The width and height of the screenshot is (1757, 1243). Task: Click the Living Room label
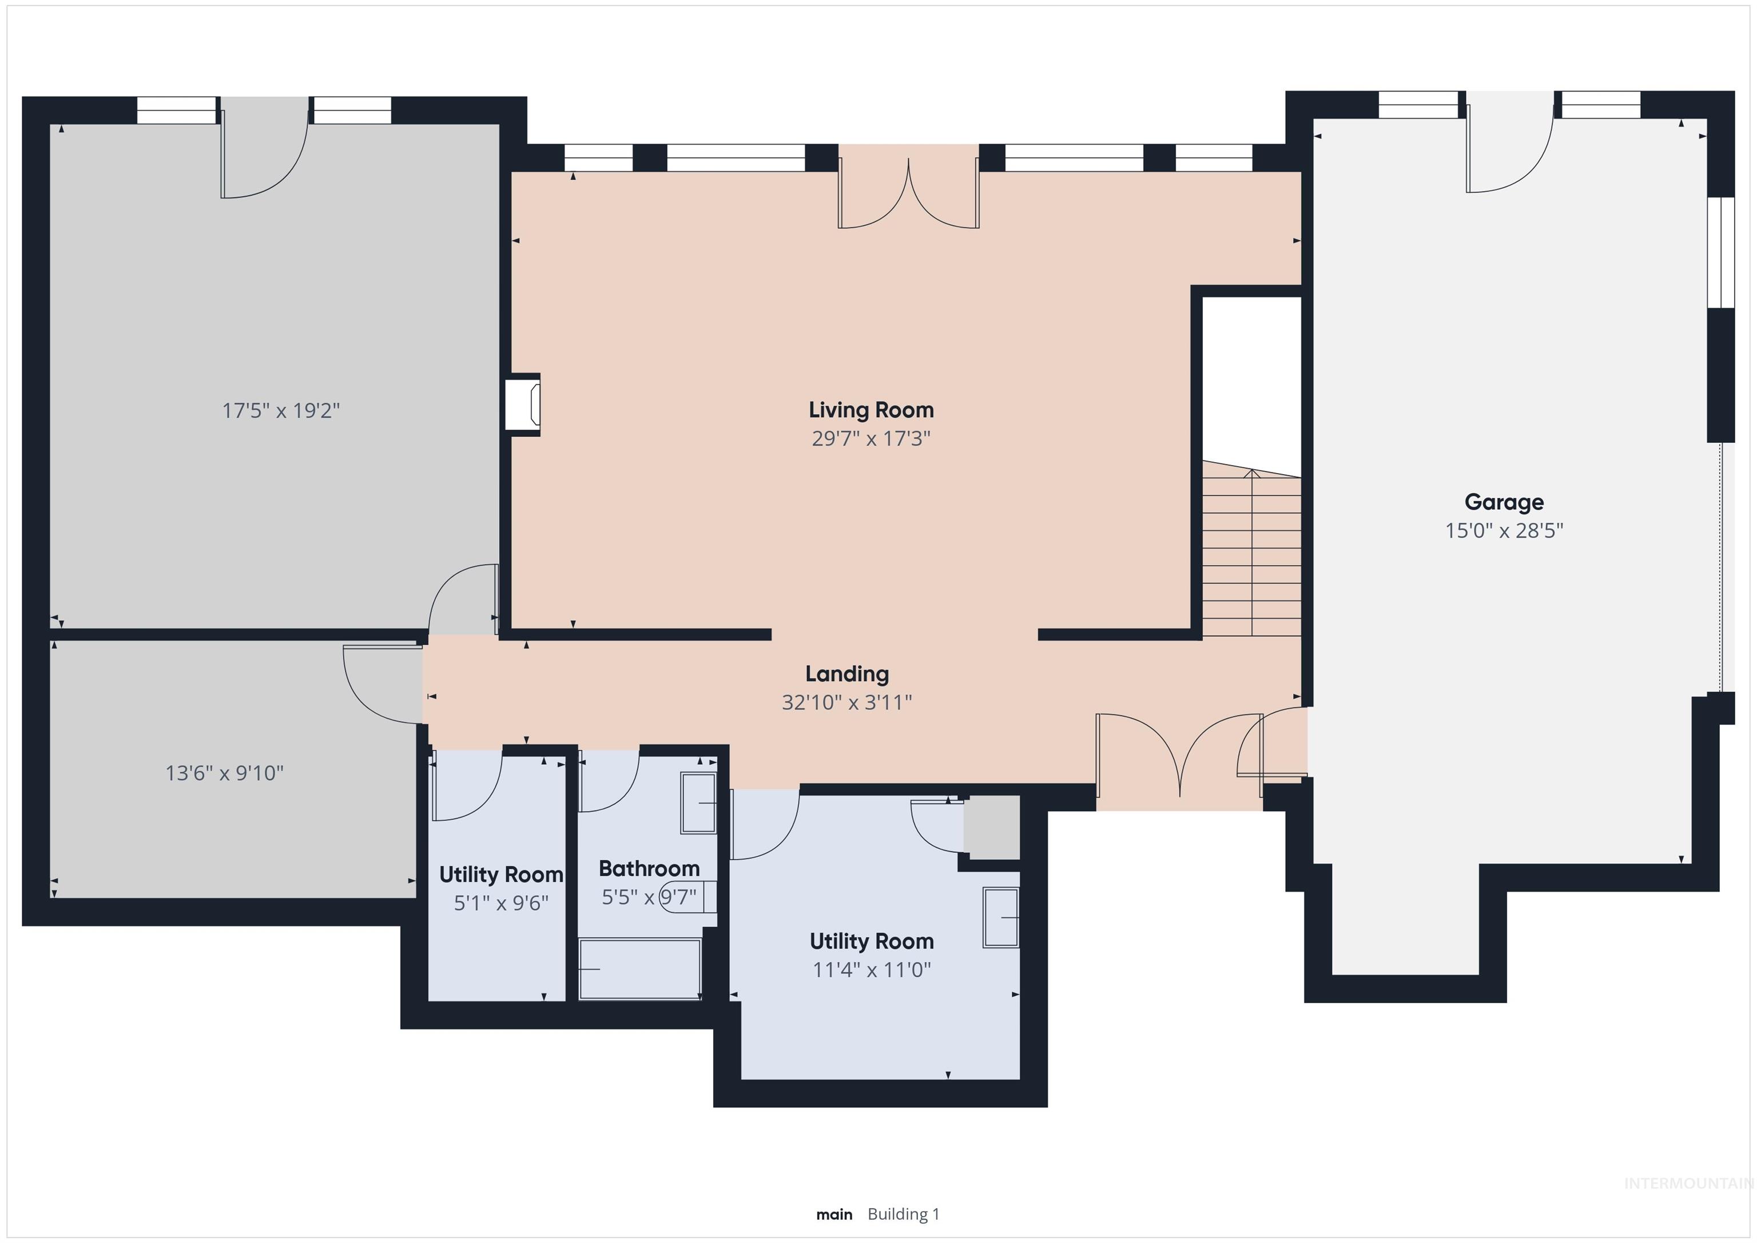point(871,410)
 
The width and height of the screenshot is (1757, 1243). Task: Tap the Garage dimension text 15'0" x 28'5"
point(1503,530)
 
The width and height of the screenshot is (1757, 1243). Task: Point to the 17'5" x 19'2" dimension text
point(280,411)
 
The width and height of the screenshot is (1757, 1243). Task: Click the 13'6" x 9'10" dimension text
point(224,773)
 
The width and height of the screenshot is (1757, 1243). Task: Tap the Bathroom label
point(649,869)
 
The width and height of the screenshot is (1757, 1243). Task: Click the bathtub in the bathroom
point(640,969)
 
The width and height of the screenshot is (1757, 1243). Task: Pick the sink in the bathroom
point(698,803)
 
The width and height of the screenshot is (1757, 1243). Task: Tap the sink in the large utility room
point(1001,917)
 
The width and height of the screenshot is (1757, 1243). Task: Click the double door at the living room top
point(908,195)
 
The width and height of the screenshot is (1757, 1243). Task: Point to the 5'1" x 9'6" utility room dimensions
point(501,903)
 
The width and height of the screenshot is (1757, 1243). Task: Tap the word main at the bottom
point(833,1214)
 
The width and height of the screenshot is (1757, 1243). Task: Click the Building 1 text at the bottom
point(903,1214)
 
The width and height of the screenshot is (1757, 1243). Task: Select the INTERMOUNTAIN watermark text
point(1687,1184)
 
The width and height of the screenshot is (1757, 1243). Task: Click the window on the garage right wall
point(1721,253)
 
